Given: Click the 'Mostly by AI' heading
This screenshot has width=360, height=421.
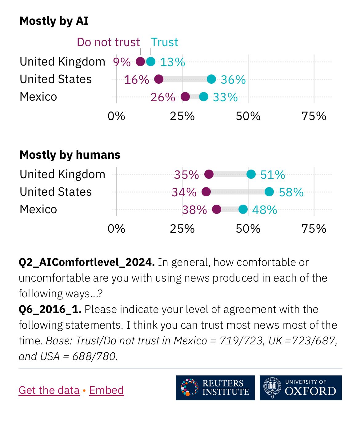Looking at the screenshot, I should (x=54, y=21).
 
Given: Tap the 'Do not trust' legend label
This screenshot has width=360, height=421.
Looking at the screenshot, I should (x=108, y=42).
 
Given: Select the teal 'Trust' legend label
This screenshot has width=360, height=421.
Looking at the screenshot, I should (x=164, y=42).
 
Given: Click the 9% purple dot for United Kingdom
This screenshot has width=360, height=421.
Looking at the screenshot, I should (x=140, y=62).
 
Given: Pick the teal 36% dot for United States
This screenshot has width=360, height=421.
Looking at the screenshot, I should (x=211, y=79).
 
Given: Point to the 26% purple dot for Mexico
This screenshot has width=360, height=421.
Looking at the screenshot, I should (x=185, y=97).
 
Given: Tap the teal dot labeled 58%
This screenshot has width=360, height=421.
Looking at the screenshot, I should (x=269, y=192).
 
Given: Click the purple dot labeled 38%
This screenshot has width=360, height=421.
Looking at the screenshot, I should (x=217, y=209).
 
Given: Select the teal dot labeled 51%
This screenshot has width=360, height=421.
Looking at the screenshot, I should (x=251, y=174).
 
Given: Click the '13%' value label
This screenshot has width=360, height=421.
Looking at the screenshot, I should (x=173, y=62).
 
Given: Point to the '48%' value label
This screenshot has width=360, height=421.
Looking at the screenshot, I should (x=265, y=210).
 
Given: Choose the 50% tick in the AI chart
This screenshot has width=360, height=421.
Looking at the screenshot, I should (x=248, y=116).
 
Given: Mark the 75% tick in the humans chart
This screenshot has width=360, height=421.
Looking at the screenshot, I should (x=314, y=229).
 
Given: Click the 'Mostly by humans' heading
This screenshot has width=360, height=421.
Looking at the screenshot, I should (x=70, y=155).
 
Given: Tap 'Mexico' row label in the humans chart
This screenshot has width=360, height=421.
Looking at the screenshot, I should (x=38, y=209).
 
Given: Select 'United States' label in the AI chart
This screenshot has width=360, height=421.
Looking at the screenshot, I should (x=56, y=79).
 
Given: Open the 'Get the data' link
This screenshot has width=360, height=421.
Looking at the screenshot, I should (x=49, y=390).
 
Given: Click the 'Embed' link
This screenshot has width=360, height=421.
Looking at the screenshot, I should (x=106, y=390).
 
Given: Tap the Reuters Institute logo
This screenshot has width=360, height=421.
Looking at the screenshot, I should (x=215, y=388).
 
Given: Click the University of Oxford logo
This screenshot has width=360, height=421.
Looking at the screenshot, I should (x=301, y=388).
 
